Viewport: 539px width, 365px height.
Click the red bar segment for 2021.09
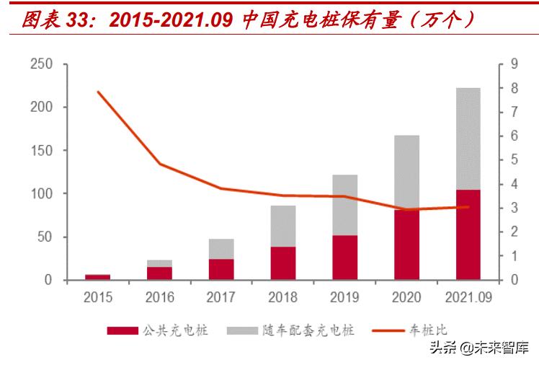[468, 234]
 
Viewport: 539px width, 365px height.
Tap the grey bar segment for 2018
[283, 226]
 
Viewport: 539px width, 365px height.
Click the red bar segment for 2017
[221, 269]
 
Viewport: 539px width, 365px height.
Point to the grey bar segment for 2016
[159, 263]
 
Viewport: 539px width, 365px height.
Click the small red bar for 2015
[98, 277]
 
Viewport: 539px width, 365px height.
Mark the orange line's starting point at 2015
[98, 92]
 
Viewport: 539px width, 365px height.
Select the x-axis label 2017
[221, 296]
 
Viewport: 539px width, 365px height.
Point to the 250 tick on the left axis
[42, 64]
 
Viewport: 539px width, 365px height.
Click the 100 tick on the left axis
[42, 194]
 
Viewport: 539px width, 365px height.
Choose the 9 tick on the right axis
[514, 64]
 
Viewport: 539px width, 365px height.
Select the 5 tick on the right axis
[514, 160]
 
